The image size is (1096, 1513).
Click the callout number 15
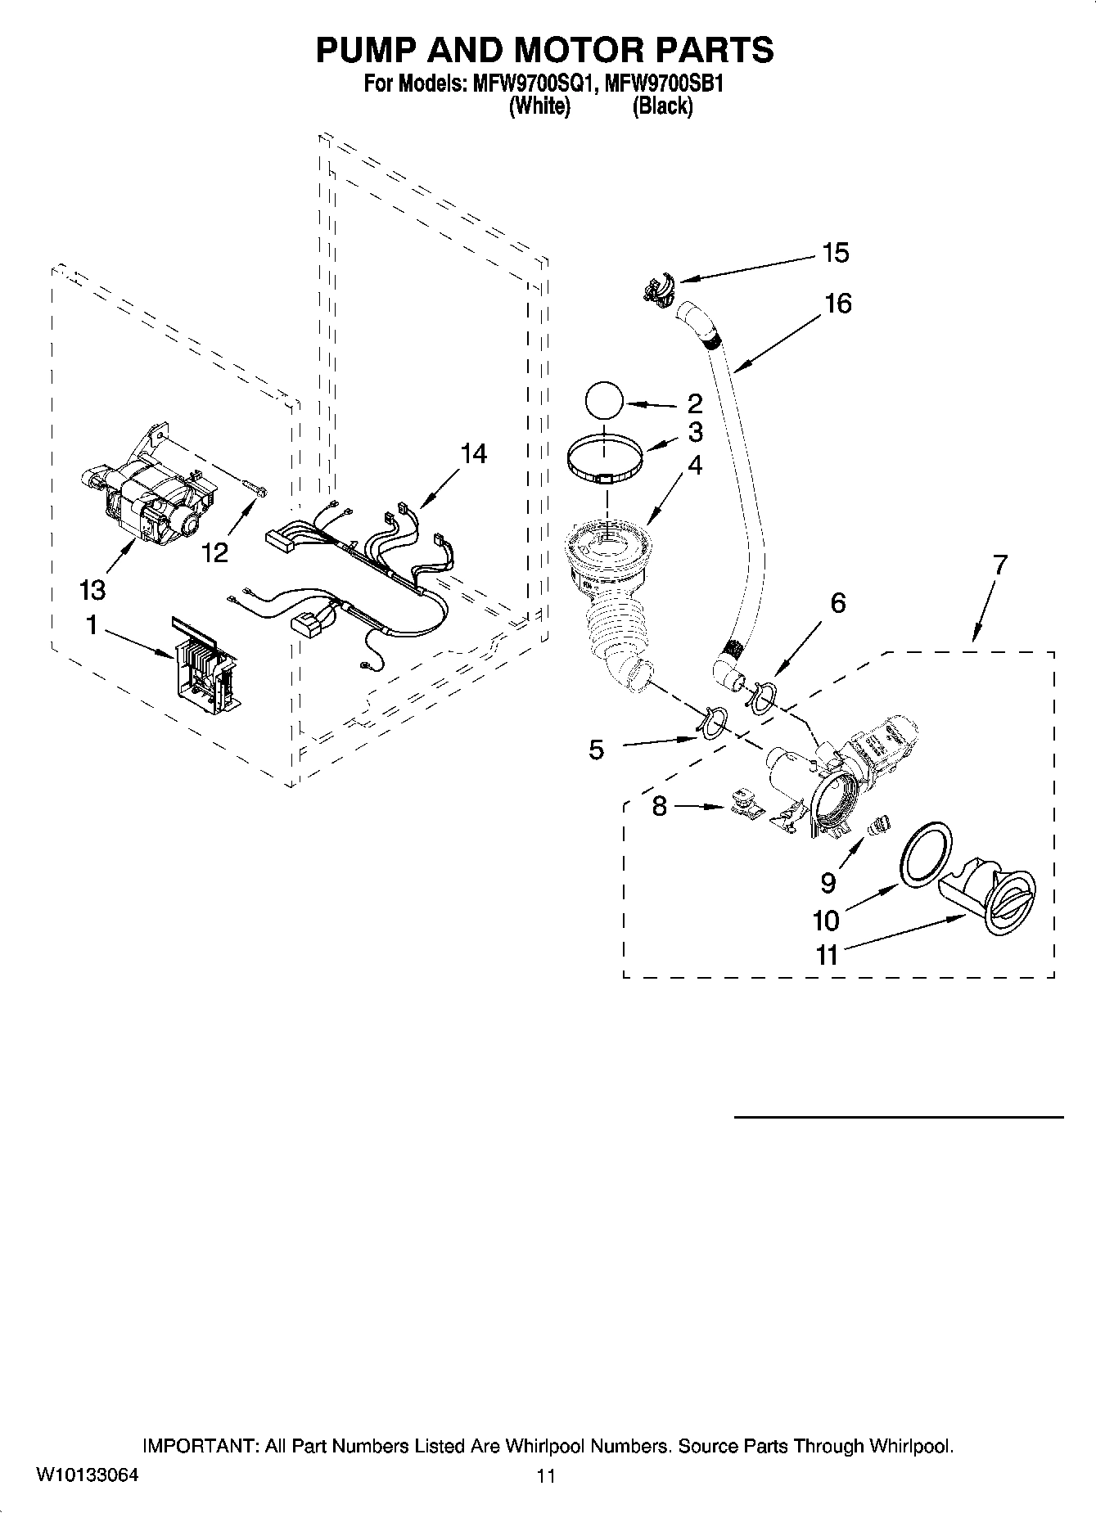[836, 254]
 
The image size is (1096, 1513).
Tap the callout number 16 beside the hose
[837, 304]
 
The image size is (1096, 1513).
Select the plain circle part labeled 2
[604, 402]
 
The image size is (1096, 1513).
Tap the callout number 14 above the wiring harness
[473, 453]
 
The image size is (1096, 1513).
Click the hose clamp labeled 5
[713, 721]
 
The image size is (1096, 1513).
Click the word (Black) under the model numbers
[662, 106]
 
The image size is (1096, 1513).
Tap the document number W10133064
[88, 1475]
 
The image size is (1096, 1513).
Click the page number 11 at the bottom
[546, 1475]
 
